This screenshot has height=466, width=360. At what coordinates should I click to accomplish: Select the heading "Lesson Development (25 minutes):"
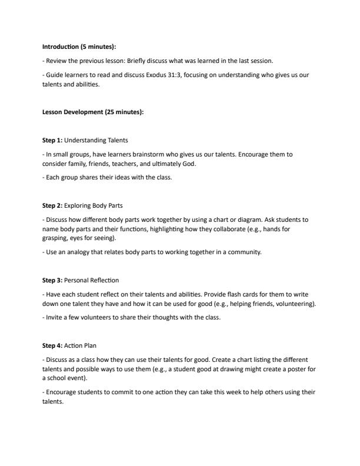click(92, 112)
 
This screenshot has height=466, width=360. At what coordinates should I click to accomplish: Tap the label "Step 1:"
click(52, 140)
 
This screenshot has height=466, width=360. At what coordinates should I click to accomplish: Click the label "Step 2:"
click(52, 205)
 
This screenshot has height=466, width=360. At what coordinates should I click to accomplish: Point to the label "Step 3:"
click(52, 280)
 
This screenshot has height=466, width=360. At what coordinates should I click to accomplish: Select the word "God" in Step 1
click(188, 164)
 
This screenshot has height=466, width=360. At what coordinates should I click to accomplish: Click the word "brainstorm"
click(150, 154)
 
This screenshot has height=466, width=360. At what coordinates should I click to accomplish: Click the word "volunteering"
click(297, 304)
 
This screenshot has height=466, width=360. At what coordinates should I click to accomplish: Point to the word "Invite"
click(54, 318)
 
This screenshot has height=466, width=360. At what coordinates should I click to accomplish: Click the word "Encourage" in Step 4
click(63, 392)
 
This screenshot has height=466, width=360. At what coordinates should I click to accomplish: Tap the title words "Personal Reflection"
click(91, 280)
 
